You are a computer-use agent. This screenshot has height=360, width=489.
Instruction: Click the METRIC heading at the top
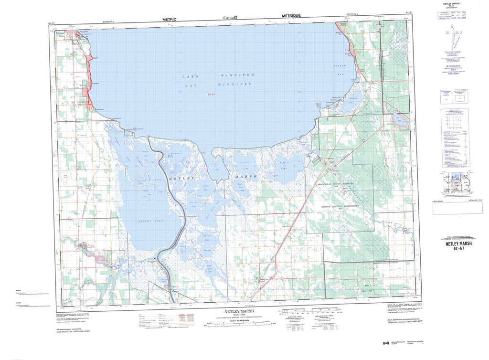click(169, 20)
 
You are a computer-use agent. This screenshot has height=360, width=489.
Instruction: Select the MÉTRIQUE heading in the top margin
click(291, 16)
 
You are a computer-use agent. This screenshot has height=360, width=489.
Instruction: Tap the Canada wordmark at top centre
click(233, 18)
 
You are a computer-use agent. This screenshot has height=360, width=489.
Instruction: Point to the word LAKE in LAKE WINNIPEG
click(190, 76)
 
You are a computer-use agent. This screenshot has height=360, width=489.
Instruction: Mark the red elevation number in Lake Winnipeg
click(211, 95)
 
